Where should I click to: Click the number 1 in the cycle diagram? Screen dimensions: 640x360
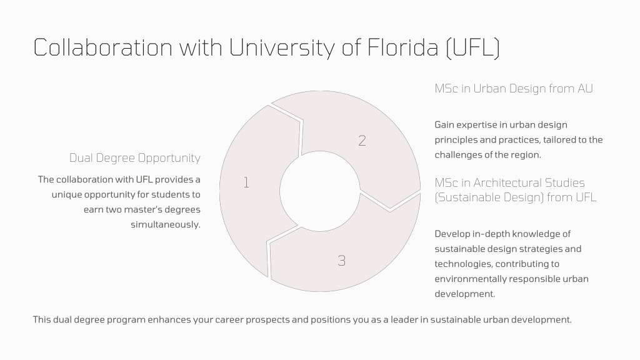click(246, 182)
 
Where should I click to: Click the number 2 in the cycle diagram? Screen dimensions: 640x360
click(362, 141)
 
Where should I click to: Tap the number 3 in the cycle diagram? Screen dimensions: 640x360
click(342, 261)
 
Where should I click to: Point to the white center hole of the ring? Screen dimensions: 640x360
click(319, 191)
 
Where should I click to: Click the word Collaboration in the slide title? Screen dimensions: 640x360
click(103, 47)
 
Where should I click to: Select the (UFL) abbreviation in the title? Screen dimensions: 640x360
click(472, 47)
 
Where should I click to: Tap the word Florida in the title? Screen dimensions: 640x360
click(403, 47)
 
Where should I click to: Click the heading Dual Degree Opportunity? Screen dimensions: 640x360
click(135, 158)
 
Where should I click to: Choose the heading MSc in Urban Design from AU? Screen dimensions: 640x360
click(514, 89)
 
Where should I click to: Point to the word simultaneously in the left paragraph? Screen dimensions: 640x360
click(165, 224)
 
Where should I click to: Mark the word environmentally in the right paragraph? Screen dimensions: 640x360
click(464, 279)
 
